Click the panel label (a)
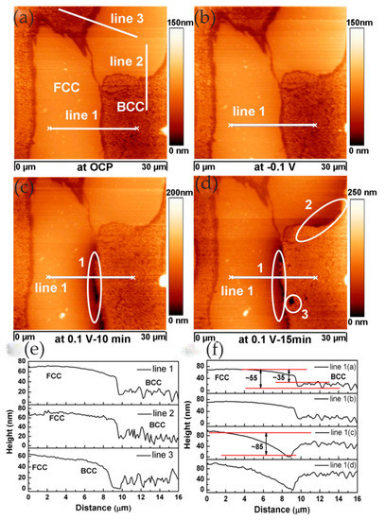pos(17,13)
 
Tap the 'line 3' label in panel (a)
pos(127,20)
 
